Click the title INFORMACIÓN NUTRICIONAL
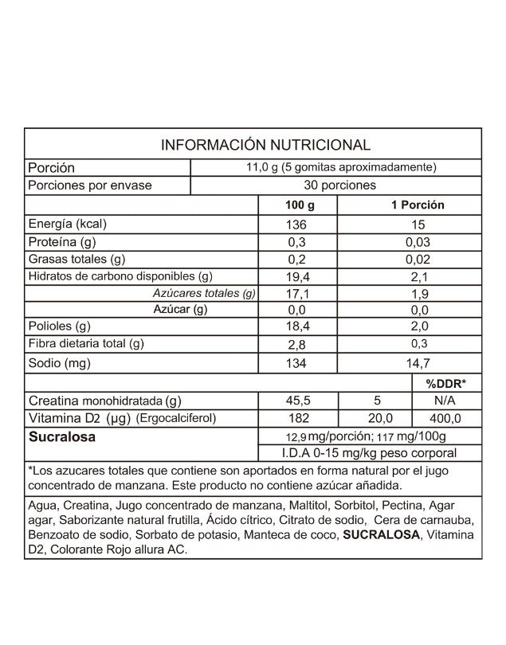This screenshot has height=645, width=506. pyautogui.click(x=265, y=145)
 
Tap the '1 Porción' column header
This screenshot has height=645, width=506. pyautogui.click(x=417, y=205)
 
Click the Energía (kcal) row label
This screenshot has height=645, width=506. pyautogui.click(x=67, y=224)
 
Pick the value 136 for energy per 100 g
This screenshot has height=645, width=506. pyautogui.click(x=296, y=225)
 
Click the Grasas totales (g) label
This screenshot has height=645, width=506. pyautogui.click(x=76, y=259)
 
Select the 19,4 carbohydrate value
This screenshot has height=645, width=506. pyautogui.click(x=296, y=276)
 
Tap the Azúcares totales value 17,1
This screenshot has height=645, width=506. pyautogui.click(x=296, y=294)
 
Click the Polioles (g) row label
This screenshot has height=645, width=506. pyautogui.click(x=60, y=326)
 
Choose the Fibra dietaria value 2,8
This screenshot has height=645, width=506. pyautogui.click(x=296, y=344)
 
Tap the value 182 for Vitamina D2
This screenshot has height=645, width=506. pyautogui.click(x=296, y=418)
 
